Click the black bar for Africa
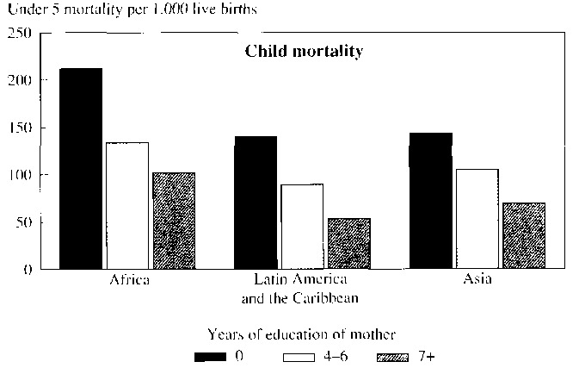80,168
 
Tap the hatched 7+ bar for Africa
173,221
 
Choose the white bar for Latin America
302,226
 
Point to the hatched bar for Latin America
348,243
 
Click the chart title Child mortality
304,51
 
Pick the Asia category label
477,282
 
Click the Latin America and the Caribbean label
301,290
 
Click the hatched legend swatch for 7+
395,354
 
